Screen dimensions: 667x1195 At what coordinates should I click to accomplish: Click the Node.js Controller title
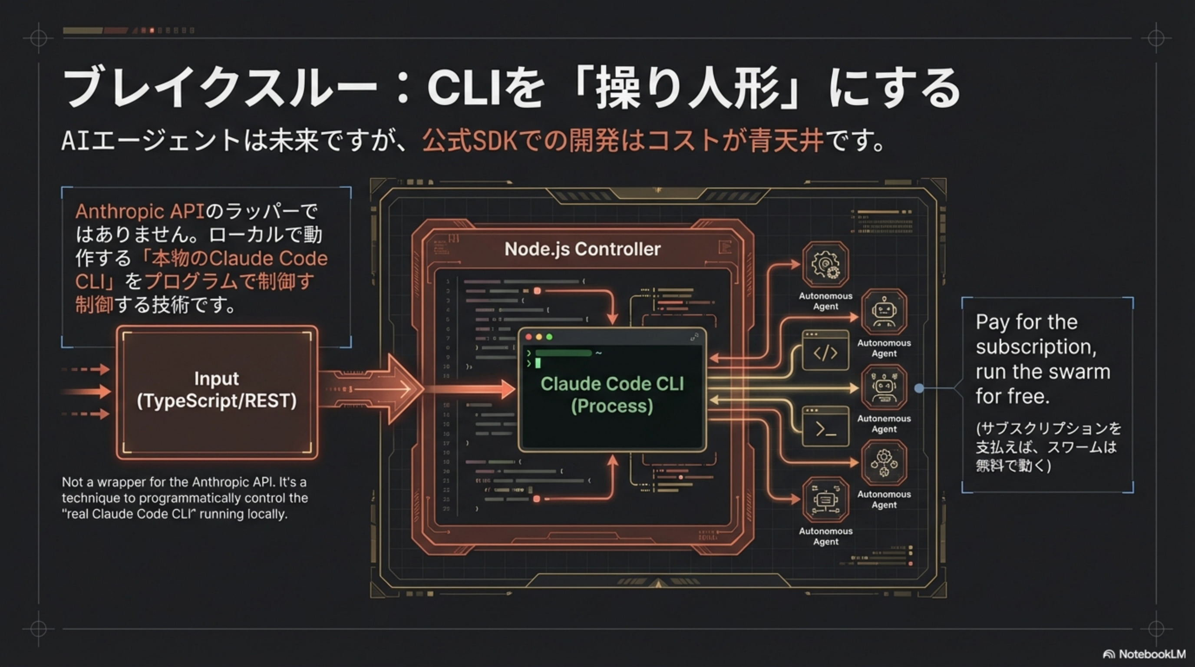pos(582,249)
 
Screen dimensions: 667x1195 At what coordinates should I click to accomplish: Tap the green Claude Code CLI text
pos(612,384)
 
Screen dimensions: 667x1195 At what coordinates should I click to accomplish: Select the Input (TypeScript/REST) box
pos(217,392)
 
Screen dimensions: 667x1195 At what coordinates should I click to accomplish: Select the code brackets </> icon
pos(825,353)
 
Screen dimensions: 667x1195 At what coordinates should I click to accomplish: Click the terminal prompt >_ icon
pos(825,429)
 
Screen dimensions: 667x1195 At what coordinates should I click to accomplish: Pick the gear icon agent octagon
pos(825,265)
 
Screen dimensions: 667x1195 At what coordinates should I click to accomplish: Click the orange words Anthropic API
pos(140,211)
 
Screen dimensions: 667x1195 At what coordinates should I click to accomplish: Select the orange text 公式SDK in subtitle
pos(469,140)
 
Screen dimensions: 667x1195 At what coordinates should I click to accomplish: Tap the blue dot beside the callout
pos(918,388)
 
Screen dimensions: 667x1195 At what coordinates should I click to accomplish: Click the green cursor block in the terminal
pos(538,363)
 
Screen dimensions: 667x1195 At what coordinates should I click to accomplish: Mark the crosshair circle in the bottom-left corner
pos(39,628)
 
